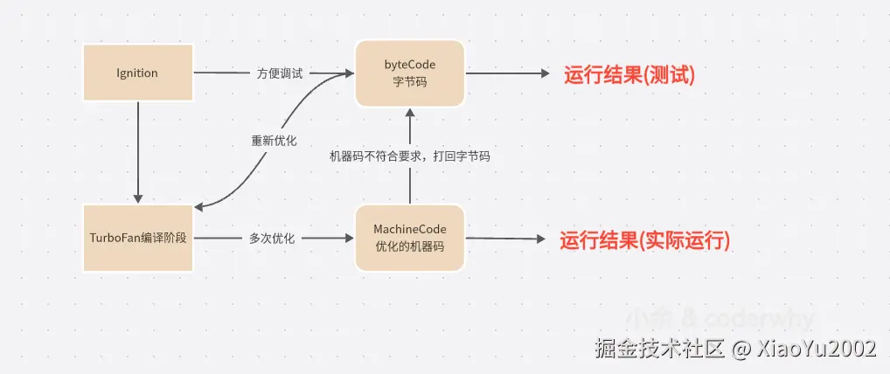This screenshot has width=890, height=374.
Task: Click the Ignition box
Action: pyautogui.click(x=137, y=73)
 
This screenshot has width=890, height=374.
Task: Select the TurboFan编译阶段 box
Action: pyautogui.click(x=138, y=239)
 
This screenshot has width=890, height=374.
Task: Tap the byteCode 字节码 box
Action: pyautogui.click(x=409, y=73)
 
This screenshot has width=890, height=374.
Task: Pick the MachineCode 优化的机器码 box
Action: pyautogui.click(x=409, y=238)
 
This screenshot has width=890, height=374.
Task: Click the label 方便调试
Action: pyautogui.click(x=280, y=73)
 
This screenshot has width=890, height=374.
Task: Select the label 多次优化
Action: pyautogui.click(x=272, y=238)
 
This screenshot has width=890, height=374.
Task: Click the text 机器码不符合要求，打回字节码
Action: pyautogui.click(x=409, y=156)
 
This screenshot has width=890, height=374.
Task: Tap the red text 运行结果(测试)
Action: pyautogui.click(x=629, y=75)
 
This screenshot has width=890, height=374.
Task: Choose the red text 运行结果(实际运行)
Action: pyautogui.click(x=644, y=240)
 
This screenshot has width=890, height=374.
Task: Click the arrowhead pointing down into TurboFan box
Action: pyautogui.click(x=138, y=198)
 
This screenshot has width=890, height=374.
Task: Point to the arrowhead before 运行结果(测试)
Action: pyautogui.click(x=545, y=73)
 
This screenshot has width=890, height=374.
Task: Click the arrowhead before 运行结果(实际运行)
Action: pyautogui.click(x=539, y=239)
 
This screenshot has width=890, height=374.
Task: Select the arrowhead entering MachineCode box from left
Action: pyautogui.click(x=347, y=238)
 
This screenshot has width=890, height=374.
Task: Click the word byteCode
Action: pyautogui.click(x=409, y=65)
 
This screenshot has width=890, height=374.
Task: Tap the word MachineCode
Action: pyautogui.click(x=409, y=229)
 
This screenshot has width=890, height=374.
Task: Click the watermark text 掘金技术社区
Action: pyautogui.click(x=659, y=350)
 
